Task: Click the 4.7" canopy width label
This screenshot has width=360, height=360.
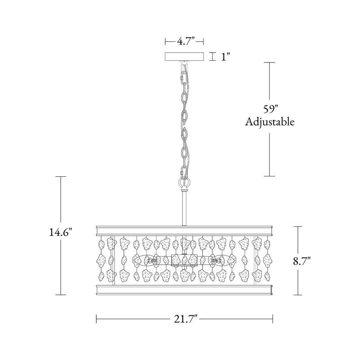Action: pyautogui.click(x=184, y=42)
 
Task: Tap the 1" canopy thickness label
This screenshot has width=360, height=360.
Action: pyautogui.click(x=226, y=57)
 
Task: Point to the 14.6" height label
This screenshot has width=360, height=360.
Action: pyautogui.click(x=61, y=233)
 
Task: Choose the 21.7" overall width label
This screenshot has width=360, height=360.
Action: pyautogui.click(x=184, y=320)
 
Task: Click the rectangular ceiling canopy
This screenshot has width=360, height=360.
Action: pyautogui.click(x=184, y=57)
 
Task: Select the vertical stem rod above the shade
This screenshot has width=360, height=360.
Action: pyautogui.click(x=184, y=207)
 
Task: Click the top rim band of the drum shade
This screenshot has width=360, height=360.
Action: pyautogui.click(x=184, y=231)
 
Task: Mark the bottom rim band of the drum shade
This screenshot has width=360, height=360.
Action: pyautogui.click(x=184, y=288)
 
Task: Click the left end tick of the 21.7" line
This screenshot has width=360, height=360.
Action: pyautogui.click(x=97, y=320)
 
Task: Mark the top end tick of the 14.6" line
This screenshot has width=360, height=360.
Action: pyautogui.click(x=61, y=177)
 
